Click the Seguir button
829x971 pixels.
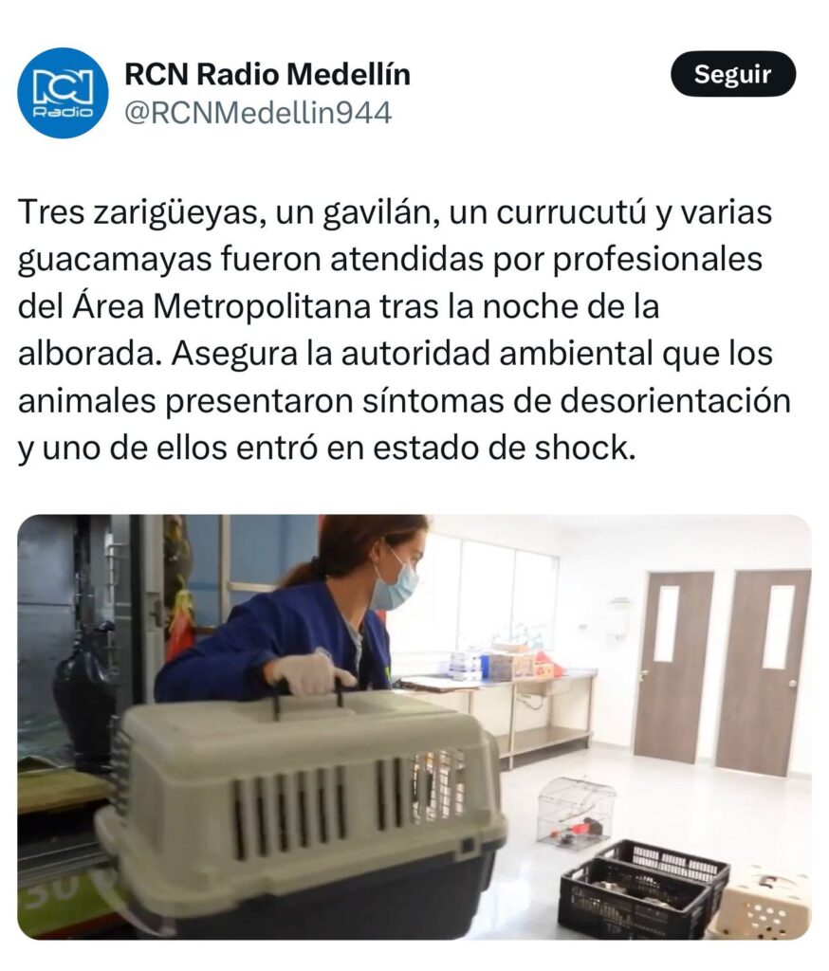[x=733, y=74]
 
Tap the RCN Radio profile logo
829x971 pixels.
[x=63, y=93]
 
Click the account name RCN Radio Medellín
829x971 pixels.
[x=267, y=74]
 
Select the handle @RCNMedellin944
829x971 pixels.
[x=258, y=114]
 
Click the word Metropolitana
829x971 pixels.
[x=262, y=306]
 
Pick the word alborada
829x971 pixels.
[x=90, y=354]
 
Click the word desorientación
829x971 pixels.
[x=675, y=401]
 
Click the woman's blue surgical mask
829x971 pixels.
[x=394, y=583]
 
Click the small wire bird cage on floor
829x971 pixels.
[x=576, y=813]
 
